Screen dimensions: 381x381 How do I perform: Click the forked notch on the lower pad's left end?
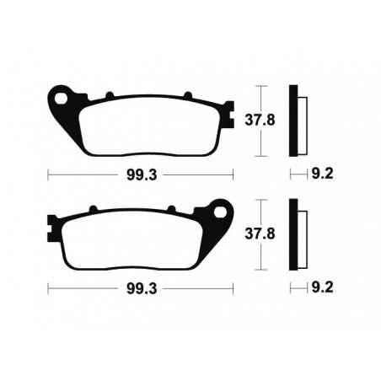pyautogui.click(x=51, y=227)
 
